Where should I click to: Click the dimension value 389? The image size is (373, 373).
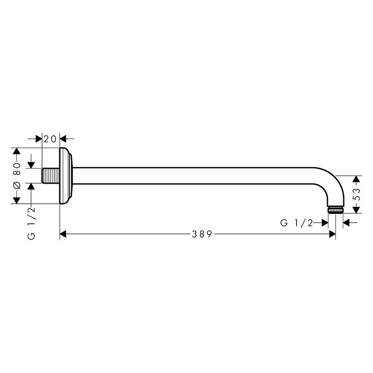pos(202,235)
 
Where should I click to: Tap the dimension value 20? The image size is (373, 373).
pos(50,138)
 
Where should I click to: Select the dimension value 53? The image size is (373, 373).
pos(358,194)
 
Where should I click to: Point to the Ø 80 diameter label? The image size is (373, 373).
pos(17,176)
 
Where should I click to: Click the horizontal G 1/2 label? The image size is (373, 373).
pos(297,223)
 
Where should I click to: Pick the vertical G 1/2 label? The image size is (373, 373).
pos(31,223)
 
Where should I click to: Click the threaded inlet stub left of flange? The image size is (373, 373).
pos(51,176)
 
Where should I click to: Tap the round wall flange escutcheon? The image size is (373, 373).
pos(66,176)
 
